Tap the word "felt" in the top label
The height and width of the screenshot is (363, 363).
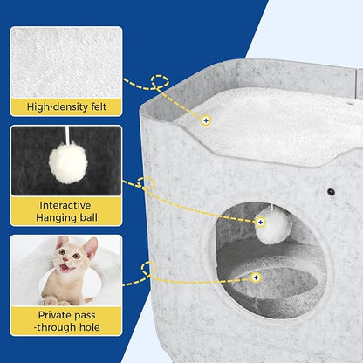95,106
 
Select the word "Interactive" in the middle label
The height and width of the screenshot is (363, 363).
65,205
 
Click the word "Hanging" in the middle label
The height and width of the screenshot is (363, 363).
55,218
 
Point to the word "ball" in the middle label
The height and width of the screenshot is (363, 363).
86,217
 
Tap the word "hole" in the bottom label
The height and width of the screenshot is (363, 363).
88,327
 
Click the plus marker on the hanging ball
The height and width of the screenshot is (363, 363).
260,223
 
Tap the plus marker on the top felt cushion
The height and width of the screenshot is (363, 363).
206,120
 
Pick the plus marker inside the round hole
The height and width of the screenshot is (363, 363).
256,277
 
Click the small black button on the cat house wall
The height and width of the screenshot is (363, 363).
331,192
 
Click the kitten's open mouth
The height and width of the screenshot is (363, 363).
65,267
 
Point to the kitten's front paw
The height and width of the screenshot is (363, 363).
51,301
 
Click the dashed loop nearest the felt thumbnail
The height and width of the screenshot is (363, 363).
160,81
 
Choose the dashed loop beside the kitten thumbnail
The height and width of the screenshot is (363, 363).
148,268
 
